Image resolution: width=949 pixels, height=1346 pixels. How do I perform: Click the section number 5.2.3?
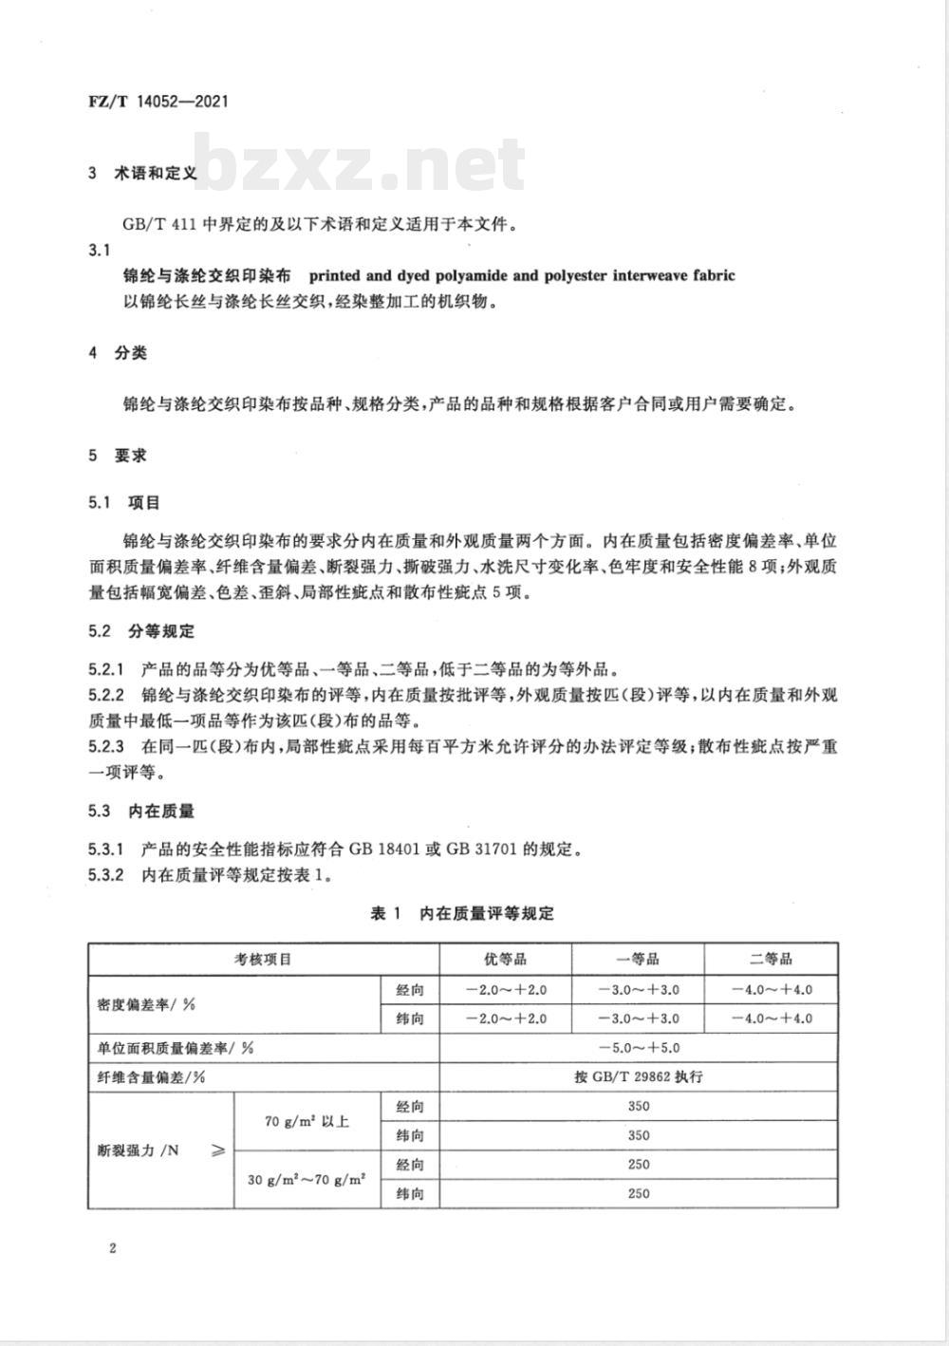click(106, 747)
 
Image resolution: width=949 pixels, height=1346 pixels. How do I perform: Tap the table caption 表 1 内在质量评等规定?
click(461, 913)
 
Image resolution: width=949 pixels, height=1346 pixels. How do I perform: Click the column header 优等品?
click(506, 960)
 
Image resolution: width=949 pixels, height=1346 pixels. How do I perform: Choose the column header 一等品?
click(639, 960)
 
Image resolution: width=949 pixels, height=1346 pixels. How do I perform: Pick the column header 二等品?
click(771, 960)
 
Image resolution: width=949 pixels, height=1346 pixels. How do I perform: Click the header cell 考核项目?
click(264, 960)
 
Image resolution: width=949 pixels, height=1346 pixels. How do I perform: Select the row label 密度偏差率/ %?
click(140, 1004)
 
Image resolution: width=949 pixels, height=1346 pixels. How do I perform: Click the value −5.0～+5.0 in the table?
click(639, 1048)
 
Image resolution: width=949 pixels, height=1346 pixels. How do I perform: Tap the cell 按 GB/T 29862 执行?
click(639, 1077)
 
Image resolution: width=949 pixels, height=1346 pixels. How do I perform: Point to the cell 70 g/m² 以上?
click(307, 1121)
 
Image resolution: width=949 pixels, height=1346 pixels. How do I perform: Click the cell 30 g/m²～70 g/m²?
click(307, 1180)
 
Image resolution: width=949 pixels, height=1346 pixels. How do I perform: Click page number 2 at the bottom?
click(112, 1248)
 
